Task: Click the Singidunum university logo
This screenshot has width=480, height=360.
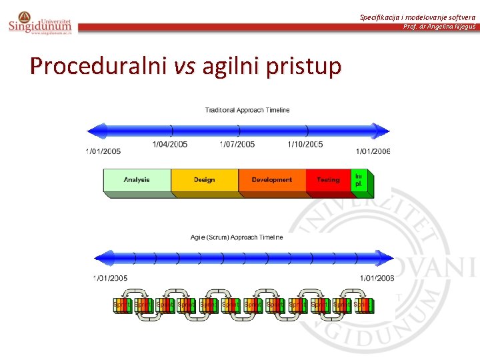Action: coord(39,22)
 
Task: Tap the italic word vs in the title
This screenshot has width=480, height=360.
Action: coord(186,66)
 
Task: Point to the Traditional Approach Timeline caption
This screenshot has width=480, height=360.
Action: coord(247,110)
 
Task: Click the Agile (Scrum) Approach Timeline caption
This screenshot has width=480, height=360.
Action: coord(237,237)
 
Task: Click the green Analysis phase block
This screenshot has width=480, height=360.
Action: coord(137,180)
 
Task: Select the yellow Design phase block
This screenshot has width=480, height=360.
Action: coord(205,180)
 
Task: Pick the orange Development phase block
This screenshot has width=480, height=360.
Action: coord(272,180)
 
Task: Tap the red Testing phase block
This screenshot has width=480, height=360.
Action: coord(328,180)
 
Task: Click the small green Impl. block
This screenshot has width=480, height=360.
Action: coord(359,180)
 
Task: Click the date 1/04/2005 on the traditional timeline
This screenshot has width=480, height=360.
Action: coord(170,144)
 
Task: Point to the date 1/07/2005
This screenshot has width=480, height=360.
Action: coord(237,144)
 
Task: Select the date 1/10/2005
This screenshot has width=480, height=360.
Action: coord(305,144)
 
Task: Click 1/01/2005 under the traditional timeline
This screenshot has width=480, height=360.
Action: coord(103,151)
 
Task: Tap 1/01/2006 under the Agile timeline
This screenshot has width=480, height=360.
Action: coord(377,278)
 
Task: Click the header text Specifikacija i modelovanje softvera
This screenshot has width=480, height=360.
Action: coord(418,17)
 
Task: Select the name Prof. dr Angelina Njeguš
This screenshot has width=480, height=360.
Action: coord(439,27)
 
